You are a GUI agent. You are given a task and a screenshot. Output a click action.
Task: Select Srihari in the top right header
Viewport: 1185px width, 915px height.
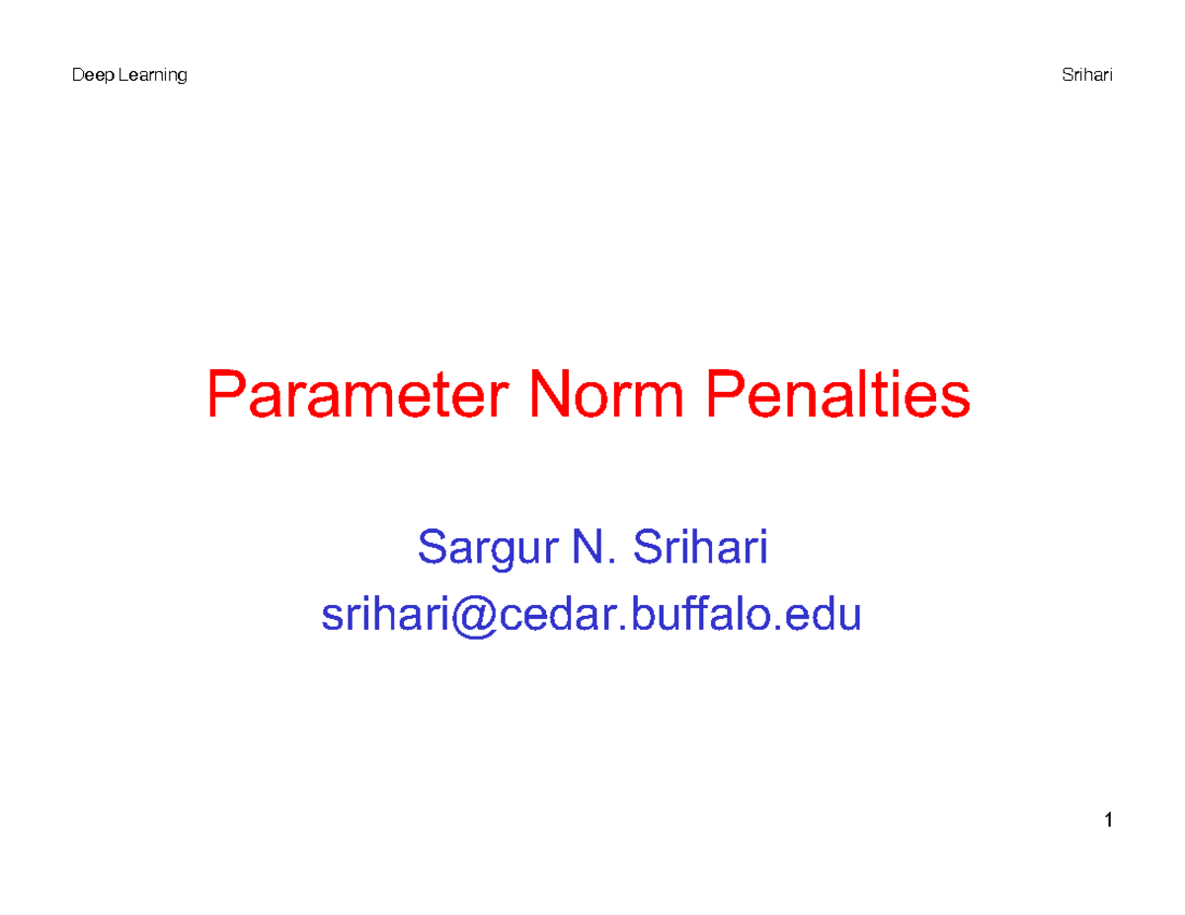pos(1086,76)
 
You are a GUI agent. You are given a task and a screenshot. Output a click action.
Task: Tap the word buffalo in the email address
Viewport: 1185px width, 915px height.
pos(697,615)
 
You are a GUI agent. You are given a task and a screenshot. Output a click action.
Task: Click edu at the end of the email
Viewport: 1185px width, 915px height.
pos(829,615)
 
